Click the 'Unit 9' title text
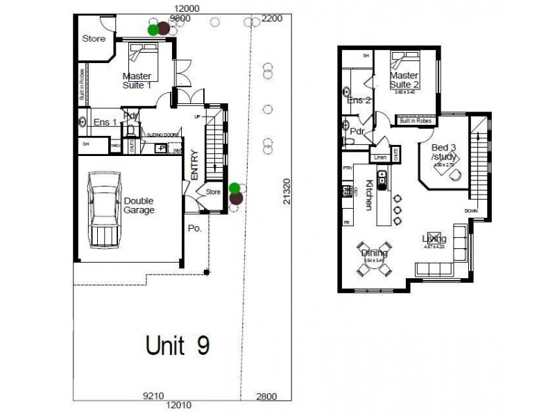[178, 345]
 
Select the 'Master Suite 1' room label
[137, 80]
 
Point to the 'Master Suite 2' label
[403, 79]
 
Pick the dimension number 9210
[153, 396]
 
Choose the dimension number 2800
[266, 396]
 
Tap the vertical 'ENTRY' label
[194, 165]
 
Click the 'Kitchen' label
[370, 196]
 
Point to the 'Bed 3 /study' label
[444, 153]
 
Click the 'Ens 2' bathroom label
[359, 101]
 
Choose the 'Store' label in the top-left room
[94, 38]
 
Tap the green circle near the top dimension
[153, 29]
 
